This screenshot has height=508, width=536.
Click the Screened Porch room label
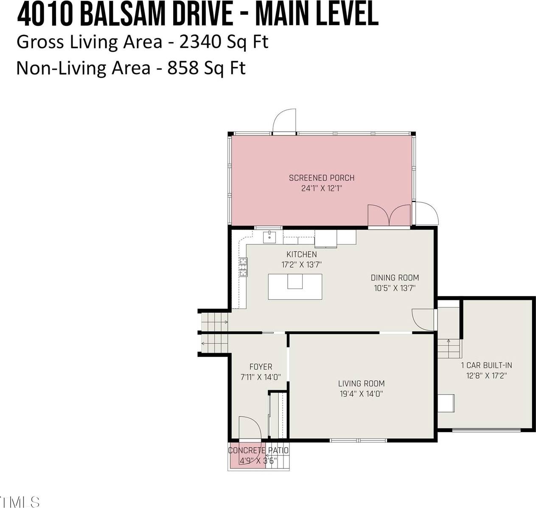tap(321, 178)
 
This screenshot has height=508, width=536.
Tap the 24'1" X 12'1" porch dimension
tap(321, 188)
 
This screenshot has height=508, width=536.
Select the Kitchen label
tap(301, 254)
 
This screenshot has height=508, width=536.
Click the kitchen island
tap(295, 286)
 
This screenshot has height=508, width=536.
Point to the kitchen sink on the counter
tap(269, 237)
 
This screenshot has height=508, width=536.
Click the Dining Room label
tap(395, 278)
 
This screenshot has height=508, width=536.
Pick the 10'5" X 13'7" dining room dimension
tap(395, 288)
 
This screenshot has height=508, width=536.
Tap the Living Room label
tap(361, 383)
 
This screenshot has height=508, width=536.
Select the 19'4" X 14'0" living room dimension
tap(361, 394)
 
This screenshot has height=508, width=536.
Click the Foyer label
tap(261, 367)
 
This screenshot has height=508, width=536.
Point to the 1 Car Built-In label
tap(486, 365)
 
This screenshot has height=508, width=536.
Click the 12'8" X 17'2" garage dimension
tap(486, 376)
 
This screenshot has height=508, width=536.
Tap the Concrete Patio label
tap(258, 450)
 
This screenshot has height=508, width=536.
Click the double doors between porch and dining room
tap(389, 216)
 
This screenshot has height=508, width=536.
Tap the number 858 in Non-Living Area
tap(182, 68)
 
